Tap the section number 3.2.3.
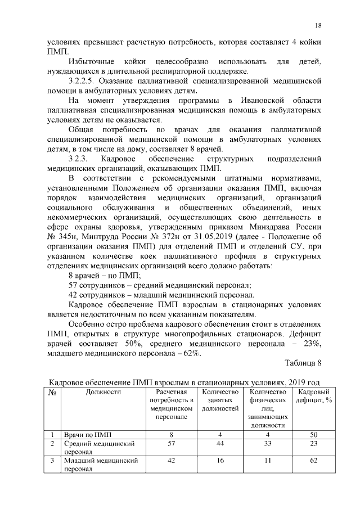click(x=78, y=159)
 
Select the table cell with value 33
click(x=268, y=444)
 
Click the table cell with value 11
click(x=268, y=461)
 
